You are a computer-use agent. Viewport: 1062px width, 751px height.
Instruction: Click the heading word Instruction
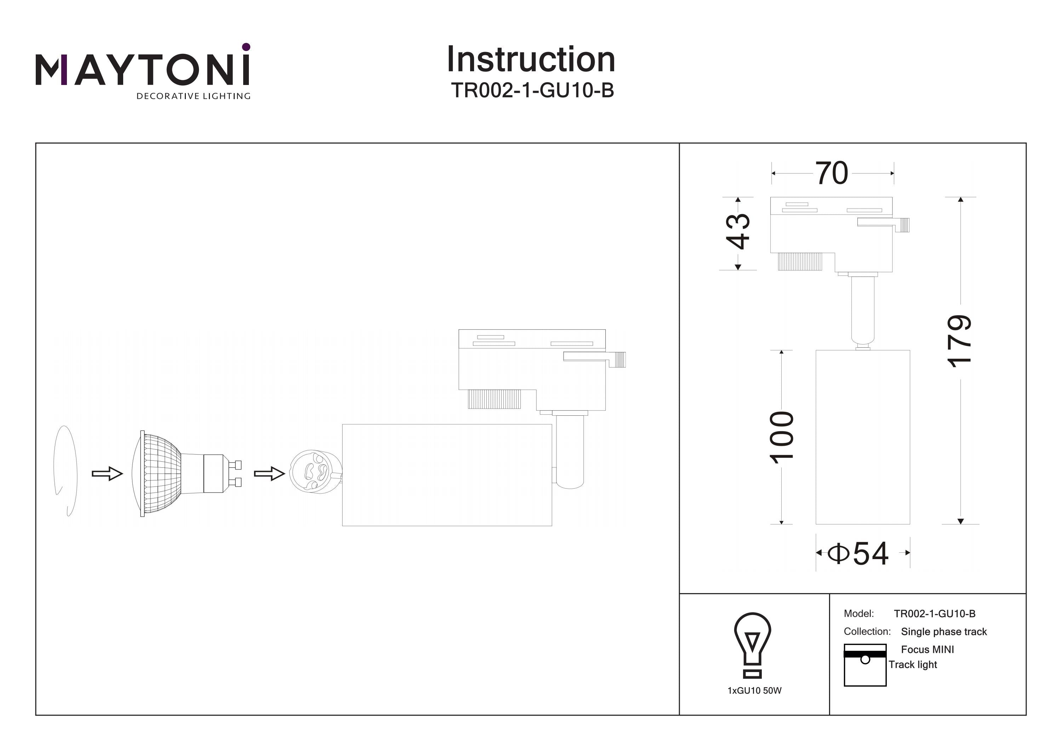click(531, 60)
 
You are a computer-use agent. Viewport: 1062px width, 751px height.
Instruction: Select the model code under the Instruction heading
click(532, 91)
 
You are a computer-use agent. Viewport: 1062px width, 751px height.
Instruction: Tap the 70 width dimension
click(831, 173)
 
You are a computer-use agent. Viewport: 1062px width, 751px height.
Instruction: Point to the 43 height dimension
click(738, 231)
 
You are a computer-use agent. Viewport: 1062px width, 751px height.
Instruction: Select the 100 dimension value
click(782, 437)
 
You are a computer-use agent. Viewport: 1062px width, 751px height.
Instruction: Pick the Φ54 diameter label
click(858, 553)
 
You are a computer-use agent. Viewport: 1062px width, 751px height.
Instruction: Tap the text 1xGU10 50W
click(754, 690)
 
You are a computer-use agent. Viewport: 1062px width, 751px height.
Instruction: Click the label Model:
click(858, 614)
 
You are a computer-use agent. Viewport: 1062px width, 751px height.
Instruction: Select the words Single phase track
click(944, 632)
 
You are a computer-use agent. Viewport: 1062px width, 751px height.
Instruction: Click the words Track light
click(913, 665)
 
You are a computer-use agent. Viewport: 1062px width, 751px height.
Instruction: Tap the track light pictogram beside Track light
click(864, 665)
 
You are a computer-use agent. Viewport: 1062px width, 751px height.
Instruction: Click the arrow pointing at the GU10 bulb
click(107, 473)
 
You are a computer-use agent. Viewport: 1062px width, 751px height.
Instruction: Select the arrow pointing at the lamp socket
click(269, 473)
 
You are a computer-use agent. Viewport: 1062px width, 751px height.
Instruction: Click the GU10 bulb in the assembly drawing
click(185, 473)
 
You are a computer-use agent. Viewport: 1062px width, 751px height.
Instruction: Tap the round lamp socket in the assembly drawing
click(315, 472)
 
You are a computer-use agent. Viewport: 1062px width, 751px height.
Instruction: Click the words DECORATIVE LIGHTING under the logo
click(193, 96)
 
